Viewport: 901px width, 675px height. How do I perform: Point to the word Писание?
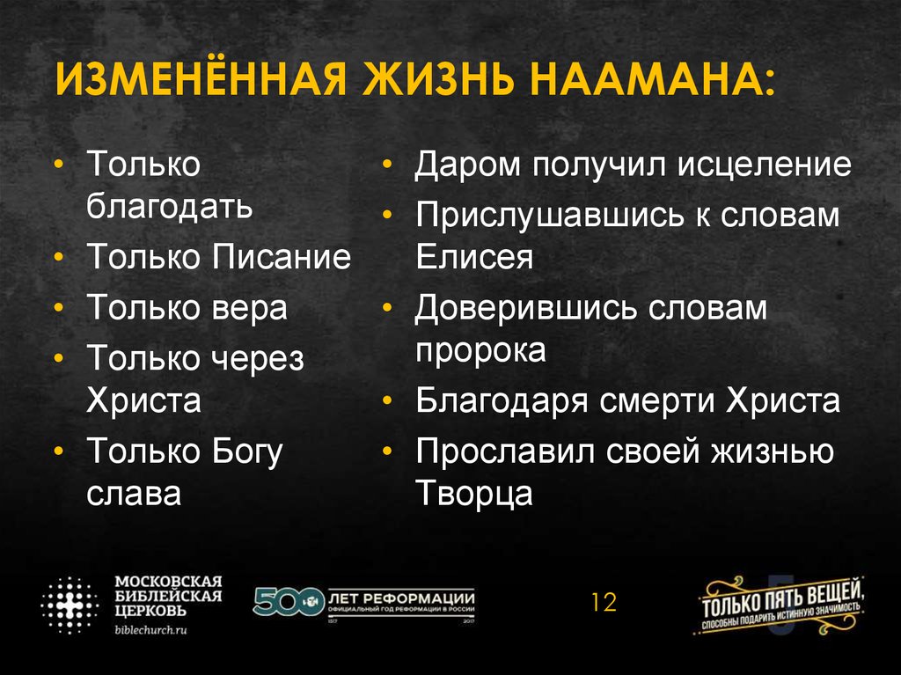click(x=282, y=257)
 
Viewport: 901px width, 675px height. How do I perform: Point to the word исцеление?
click(x=764, y=165)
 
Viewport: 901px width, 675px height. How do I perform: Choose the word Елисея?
click(x=474, y=257)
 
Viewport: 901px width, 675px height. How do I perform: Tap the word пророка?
click(x=480, y=349)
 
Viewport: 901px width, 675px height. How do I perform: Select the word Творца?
click(x=474, y=493)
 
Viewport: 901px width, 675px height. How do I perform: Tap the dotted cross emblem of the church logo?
click(x=70, y=605)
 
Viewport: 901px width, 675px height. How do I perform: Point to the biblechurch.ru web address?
click(x=152, y=630)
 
